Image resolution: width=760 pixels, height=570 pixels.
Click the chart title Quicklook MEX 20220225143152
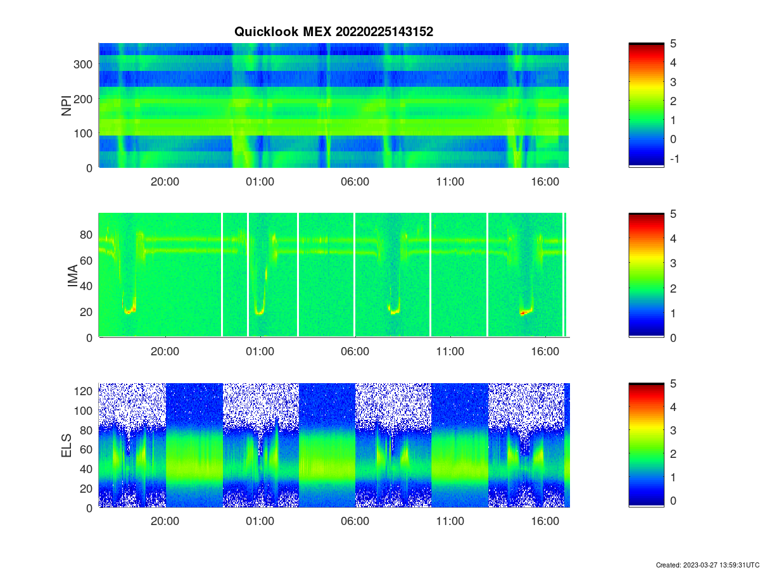click(333, 32)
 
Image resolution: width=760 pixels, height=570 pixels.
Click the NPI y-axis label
click(66, 106)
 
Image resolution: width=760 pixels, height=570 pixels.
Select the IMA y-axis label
click(72, 275)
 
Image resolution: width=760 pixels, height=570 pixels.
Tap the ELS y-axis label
click(66, 445)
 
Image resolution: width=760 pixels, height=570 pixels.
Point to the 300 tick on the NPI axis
click(83, 65)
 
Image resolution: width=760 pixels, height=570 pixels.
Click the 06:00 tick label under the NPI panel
click(355, 182)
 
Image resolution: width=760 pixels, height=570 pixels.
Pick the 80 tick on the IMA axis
click(86, 235)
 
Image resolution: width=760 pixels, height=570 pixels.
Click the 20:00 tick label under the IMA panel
click(165, 351)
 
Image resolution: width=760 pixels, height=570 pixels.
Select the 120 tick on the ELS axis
click(83, 391)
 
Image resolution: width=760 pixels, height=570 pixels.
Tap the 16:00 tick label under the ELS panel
click(545, 521)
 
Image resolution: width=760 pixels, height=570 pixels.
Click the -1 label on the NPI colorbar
click(674, 159)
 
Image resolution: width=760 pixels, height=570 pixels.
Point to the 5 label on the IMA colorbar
click(673, 214)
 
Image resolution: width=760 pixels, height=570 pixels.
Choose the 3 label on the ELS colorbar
click(673, 431)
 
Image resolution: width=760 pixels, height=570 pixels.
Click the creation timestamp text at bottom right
click(707, 565)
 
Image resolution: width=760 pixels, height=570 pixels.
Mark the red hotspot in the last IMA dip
click(523, 313)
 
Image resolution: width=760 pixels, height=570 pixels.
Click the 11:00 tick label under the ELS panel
click(450, 521)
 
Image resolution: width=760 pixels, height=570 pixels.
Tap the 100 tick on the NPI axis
click(83, 134)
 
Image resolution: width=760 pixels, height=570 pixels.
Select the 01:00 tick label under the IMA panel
click(260, 351)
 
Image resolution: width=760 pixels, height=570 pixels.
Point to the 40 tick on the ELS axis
click(86, 469)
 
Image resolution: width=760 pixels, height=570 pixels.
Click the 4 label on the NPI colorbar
click(673, 63)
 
